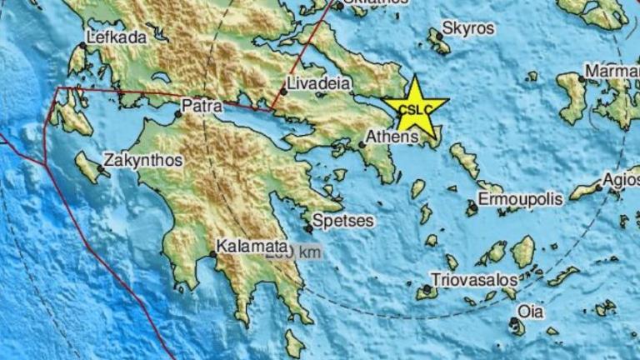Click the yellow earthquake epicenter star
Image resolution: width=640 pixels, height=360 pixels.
[415, 107]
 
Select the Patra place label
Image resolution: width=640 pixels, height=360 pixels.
[202, 107]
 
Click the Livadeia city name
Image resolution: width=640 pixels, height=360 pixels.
[318, 83]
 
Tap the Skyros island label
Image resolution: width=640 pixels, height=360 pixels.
[467, 28]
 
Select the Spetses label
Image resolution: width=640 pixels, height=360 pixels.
[344, 221]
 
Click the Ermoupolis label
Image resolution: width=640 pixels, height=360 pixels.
[520, 199]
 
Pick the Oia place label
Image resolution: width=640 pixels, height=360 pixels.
[530, 312]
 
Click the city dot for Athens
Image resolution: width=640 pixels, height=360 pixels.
[363, 145]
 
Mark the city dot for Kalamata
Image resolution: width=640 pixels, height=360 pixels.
[212, 255]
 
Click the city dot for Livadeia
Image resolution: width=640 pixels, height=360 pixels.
[283, 92]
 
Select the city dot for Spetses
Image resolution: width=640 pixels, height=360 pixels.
[308, 228]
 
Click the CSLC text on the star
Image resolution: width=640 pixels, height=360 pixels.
[415, 109]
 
